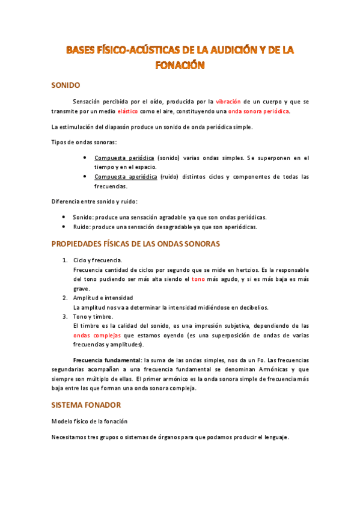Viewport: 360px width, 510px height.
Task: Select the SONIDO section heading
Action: (66, 85)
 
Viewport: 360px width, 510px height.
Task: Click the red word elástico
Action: (127, 111)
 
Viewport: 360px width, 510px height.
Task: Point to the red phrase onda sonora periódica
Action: (259, 111)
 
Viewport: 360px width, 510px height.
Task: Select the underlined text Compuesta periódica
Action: (124, 158)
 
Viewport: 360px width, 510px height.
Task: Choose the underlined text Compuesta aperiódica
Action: (126, 177)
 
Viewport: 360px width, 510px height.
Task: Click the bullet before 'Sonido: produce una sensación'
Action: (64, 217)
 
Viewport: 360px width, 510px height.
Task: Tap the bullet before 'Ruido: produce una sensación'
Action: (64, 227)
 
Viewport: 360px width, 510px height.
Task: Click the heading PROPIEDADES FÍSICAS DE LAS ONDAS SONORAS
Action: (136, 244)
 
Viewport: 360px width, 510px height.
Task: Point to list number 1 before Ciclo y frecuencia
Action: (65, 260)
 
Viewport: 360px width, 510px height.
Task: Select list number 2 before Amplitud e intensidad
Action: (65, 298)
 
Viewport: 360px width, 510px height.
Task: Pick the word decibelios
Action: (252, 307)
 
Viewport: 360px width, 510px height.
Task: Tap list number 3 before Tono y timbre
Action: (65, 316)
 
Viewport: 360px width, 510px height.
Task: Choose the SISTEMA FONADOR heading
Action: (86, 405)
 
